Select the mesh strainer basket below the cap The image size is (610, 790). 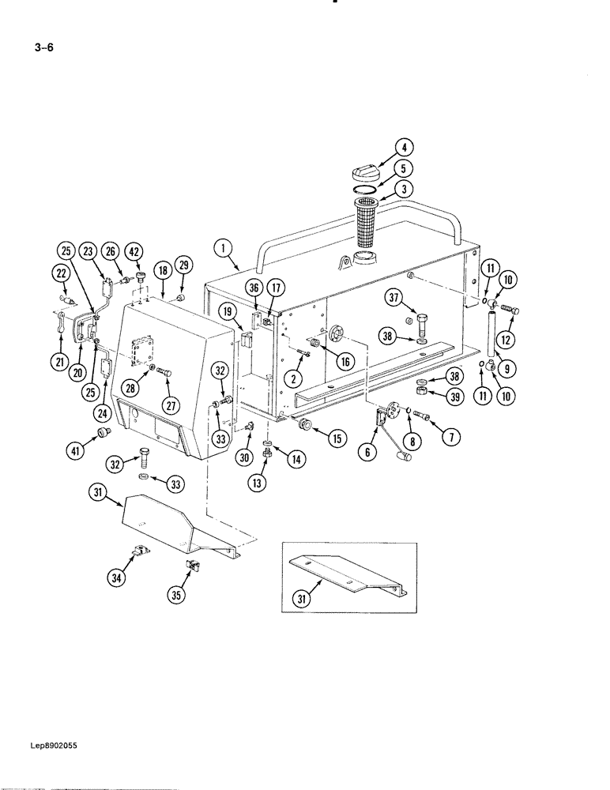tap(366, 224)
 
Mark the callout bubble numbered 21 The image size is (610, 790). tap(59, 363)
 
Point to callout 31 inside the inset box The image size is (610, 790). tap(302, 600)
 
